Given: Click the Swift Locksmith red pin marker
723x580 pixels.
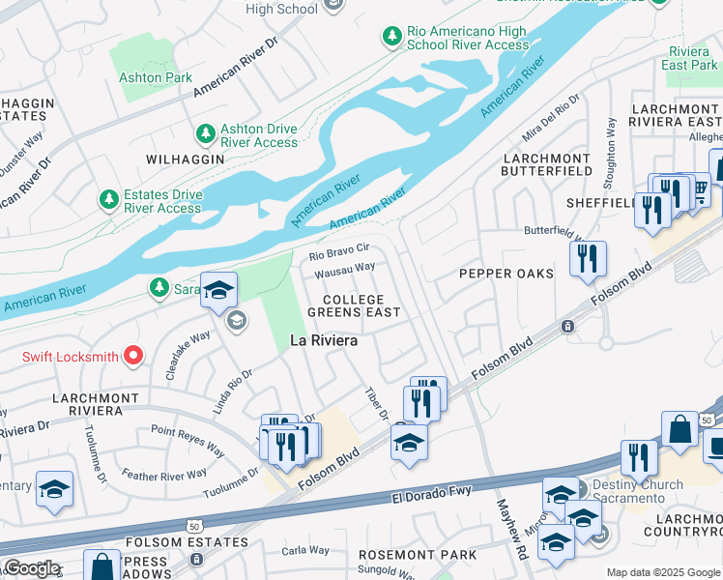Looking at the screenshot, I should click(x=133, y=357).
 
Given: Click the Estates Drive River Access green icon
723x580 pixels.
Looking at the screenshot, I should click(x=108, y=200).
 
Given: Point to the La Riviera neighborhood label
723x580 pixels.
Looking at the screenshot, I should click(x=324, y=340).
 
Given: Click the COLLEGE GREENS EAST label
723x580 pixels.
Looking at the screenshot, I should click(x=354, y=305).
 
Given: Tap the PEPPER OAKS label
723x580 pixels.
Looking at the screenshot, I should click(x=506, y=274).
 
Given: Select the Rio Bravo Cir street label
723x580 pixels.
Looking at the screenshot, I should click(x=339, y=251).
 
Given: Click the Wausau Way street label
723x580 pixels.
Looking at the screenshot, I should click(x=346, y=270).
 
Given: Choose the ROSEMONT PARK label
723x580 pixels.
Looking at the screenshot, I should click(x=418, y=555).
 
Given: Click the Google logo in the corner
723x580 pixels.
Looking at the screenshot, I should click(x=31, y=568).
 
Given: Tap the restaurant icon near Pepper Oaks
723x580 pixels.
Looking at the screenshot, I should click(x=588, y=259).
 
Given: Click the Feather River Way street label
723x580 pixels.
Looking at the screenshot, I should click(x=164, y=475).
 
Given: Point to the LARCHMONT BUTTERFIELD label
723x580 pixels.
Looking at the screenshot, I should click(x=545, y=163).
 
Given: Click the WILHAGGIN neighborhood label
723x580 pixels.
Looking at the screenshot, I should click(x=179, y=158).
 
